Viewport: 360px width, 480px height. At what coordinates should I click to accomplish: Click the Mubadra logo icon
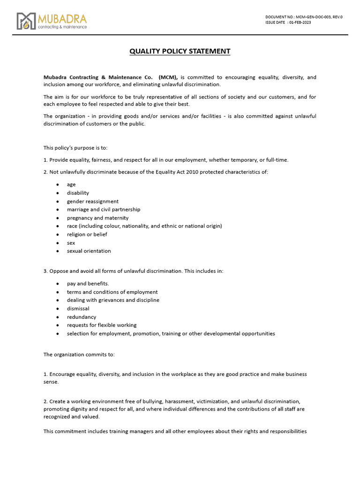pyautogui.click(x=26, y=21)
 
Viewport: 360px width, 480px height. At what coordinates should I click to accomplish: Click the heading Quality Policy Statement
pyautogui.click(x=180, y=51)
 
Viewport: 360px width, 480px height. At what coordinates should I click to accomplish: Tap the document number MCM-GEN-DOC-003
pyautogui.click(x=312, y=17)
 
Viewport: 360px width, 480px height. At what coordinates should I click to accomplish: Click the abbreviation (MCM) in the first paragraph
pyautogui.click(x=168, y=77)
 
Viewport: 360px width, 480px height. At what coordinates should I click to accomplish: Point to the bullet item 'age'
pyautogui.click(x=71, y=185)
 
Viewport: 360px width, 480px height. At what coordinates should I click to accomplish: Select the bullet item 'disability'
pyautogui.click(x=78, y=193)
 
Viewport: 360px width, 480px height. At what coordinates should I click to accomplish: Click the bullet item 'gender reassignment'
pyautogui.click(x=93, y=201)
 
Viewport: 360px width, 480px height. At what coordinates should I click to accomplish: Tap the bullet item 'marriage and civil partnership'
pyautogui.click(x=104, y=210)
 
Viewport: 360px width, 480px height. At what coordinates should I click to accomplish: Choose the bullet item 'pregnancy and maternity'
pyautogui.click(x=97, y=218)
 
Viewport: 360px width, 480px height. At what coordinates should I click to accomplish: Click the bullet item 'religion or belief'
pyautogui.click(x=87, y=234)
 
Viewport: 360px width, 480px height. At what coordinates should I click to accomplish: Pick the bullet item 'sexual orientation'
pyautogui.click(x=89, y=251)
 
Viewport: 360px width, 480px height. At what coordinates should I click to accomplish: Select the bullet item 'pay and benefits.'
pyautogui.click(x=88, y=284)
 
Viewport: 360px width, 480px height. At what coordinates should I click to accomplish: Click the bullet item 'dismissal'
pyautogui.click(x=78, y=308)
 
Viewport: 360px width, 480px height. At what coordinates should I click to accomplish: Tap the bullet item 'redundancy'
pyautogui.click(x=82, y=317)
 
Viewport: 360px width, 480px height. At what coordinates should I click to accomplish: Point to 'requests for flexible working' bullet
pyautogui.click(x=102, y=325)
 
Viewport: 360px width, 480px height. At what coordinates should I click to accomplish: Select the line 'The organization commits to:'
pyautogui.click(x=79, y=354)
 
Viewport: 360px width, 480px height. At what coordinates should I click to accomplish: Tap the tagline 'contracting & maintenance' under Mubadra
pyautogui.click(x=62, y=27)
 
